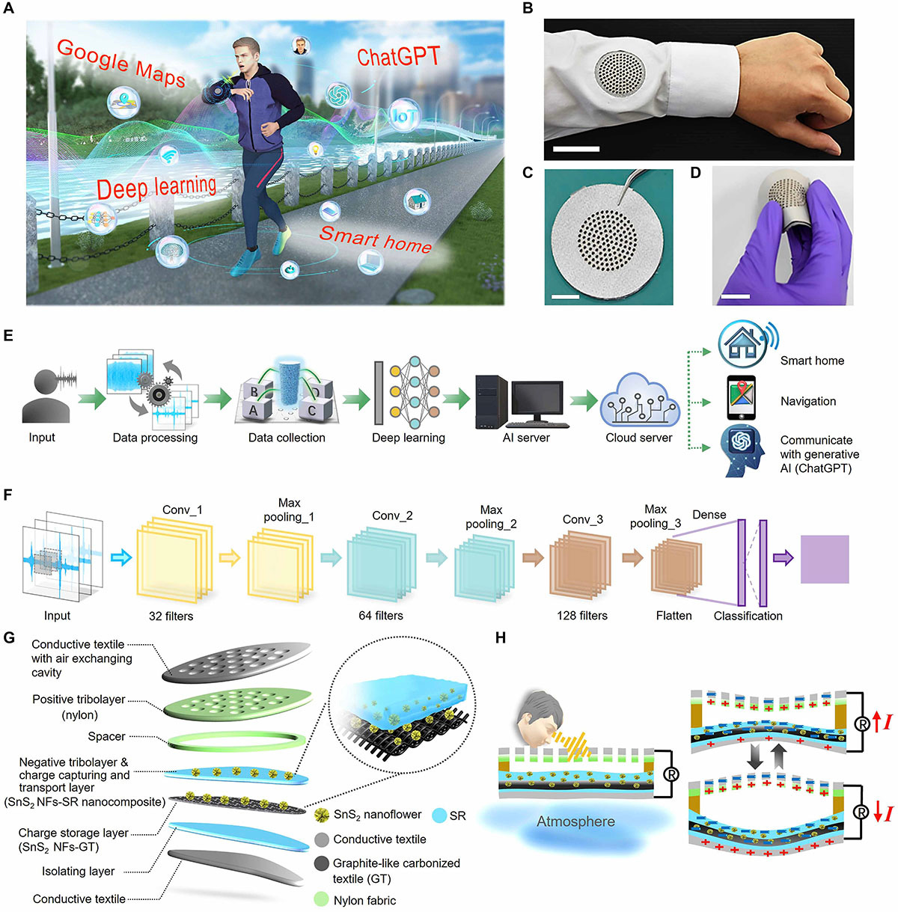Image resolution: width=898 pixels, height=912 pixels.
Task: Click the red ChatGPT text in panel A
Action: (x=398, y=56)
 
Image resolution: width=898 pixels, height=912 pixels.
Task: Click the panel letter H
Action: (x=501, y=637)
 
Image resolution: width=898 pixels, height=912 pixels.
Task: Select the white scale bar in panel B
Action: (x=575, y=150)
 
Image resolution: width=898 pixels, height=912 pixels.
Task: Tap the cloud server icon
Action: (x=638, y=400)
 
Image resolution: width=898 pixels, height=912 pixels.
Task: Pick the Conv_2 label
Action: (x=392, y=515)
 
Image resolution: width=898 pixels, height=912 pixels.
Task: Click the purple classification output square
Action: (x=825, y=559)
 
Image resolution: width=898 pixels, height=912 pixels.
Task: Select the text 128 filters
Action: (x=582, y=616)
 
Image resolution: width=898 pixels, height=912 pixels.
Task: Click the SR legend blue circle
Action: (x=439, y=815)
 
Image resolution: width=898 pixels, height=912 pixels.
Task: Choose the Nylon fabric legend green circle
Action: (x=322, y=900)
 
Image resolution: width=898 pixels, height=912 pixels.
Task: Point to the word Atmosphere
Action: (x=575, y=821)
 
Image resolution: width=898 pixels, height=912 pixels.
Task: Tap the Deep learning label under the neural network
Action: (x=409, y=438)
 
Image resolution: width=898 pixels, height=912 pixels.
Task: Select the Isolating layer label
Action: (x=79, y=871)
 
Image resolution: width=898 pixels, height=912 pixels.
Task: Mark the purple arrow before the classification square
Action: (x=783, y=557)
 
